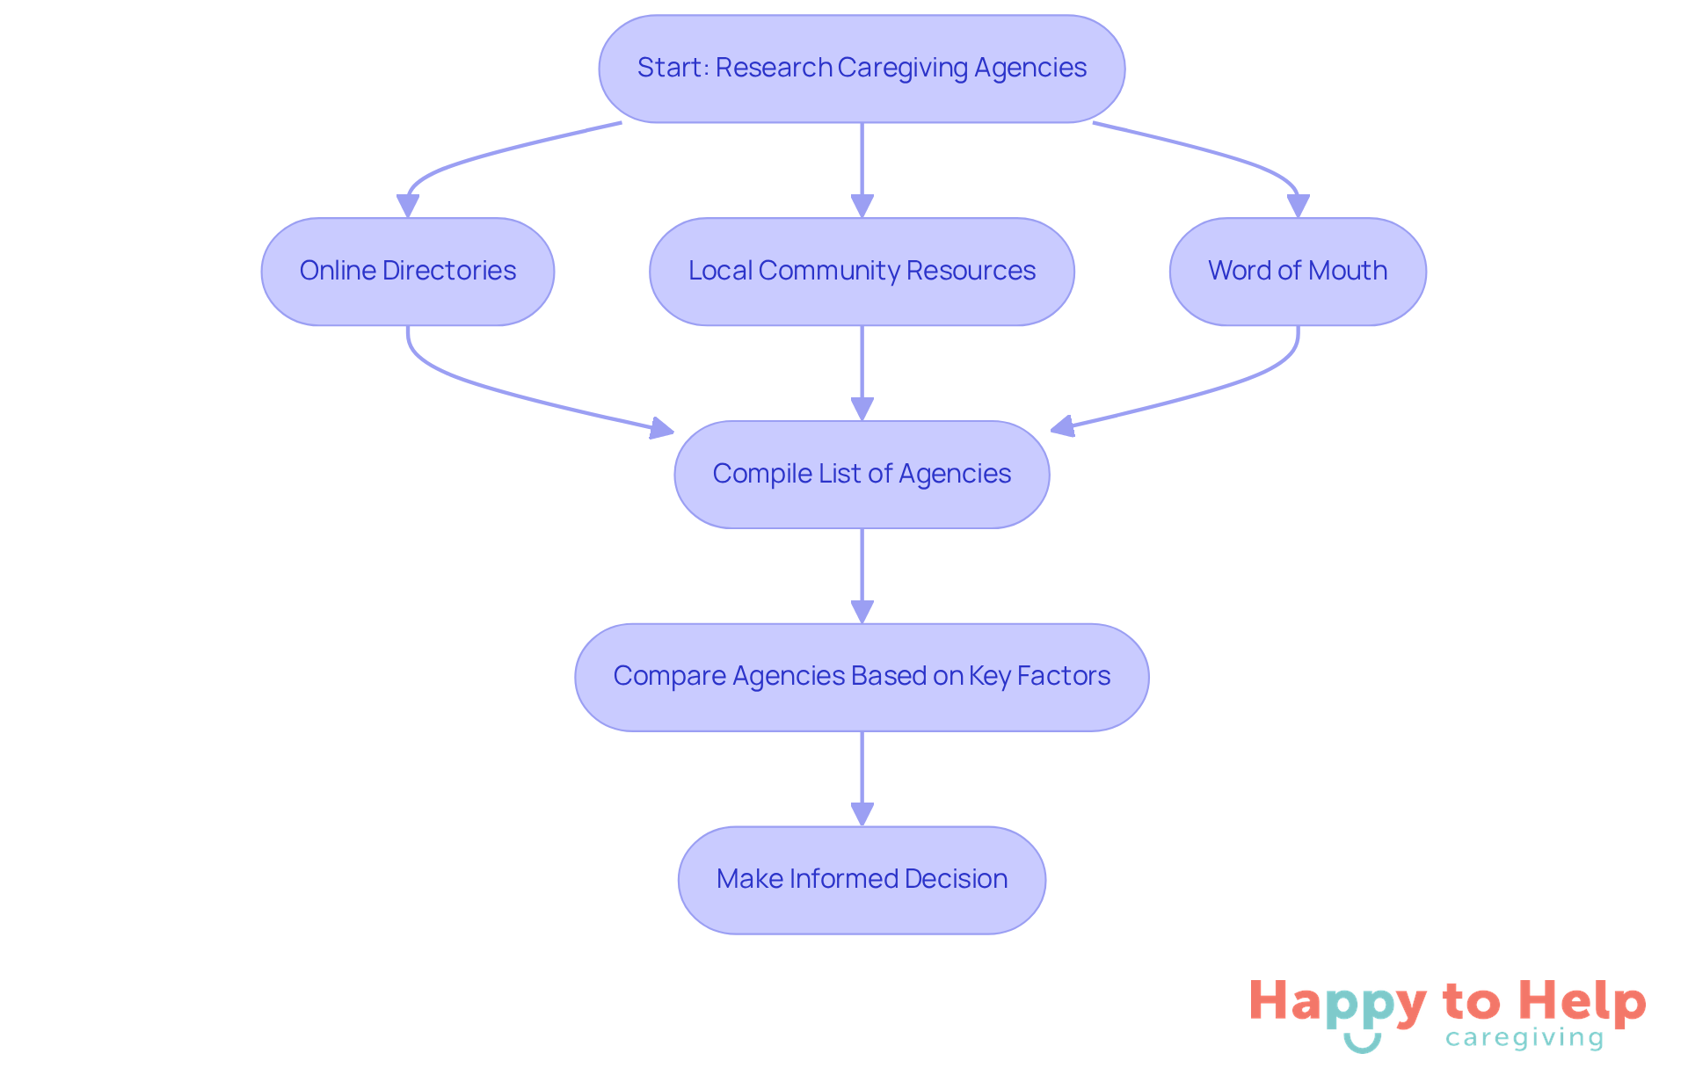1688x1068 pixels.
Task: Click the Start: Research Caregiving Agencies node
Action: tap(862, 69)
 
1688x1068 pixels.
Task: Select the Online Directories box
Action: tap(407, 272)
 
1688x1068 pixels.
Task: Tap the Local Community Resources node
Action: tap(862, 272)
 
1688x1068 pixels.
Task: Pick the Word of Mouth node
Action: tap(1298, 272)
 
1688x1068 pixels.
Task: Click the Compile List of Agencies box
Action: tap(862, 475)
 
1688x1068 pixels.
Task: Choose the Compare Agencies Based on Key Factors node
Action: tap(862, 677)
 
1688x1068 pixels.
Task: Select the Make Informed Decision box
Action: tap(862, 880)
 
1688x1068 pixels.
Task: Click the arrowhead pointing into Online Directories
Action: tap(407, 206)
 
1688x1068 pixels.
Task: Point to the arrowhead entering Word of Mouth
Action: tap(1298, 206)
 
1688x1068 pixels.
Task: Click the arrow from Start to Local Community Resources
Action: tap(862, 163)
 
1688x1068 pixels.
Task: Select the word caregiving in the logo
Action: tap(1524, 1038)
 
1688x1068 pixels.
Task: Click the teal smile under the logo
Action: tap(1362, 1043)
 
